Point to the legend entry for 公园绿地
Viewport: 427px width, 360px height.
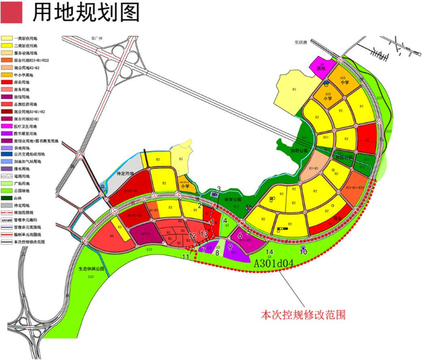[x=27, y=190]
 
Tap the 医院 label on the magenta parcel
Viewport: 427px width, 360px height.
[x=322, y=68]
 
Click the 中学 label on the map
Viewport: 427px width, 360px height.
[x=344, y=83]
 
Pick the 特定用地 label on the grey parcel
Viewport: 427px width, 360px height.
[x=127, y=173]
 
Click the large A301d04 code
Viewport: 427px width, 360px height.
[x=274, y=263]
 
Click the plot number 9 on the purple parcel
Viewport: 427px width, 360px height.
[x=229, y=247]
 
